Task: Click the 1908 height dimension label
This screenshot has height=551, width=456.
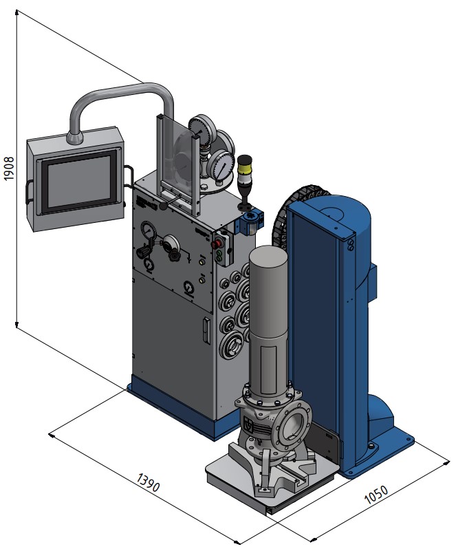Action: tap(9, 169)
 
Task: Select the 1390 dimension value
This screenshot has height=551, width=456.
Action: tap(148, 482)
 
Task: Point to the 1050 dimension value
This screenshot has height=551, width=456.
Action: tap(376, 495)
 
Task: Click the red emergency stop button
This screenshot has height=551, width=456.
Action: tap(217, 244)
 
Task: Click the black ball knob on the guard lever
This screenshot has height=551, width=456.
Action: tap(164, 206)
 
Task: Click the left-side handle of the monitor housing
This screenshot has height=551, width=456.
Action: tap(29, 191)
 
